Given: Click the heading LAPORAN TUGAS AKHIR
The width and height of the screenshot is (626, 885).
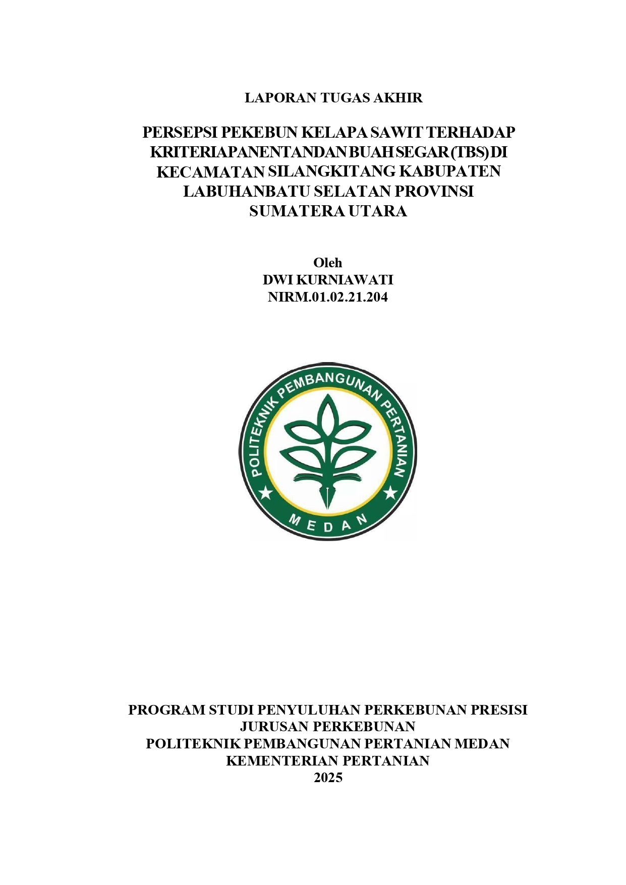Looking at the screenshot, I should click(333, 98).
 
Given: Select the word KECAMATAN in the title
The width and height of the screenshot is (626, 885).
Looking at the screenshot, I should click(210, 171).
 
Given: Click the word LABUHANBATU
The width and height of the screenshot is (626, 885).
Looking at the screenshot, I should click(246, 191).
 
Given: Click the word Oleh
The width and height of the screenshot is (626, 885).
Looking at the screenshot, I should click(328, 263).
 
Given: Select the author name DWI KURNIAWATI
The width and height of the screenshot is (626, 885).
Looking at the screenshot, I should click(328, 280).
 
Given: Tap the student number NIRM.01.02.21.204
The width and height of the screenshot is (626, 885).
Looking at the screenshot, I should click(328, 297).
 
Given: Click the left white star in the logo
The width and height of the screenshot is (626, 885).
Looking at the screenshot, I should click(265, 492).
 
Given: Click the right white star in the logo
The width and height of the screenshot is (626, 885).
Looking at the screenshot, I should click(390, 492).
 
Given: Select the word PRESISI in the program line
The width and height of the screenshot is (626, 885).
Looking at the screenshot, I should click(499, 710).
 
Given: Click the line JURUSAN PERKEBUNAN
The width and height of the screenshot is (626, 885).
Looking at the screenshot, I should click(328, 727).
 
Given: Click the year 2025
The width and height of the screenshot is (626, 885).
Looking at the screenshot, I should click(328, 778).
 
